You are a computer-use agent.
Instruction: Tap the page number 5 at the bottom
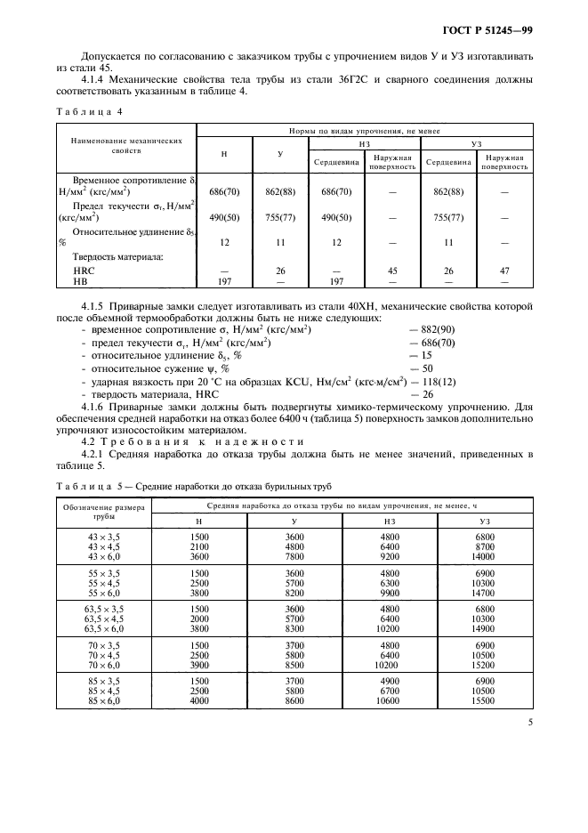tap(529, 723)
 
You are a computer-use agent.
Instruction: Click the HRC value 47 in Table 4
tap(503, 271)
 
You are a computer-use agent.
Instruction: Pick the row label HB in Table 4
tap(83, 281)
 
